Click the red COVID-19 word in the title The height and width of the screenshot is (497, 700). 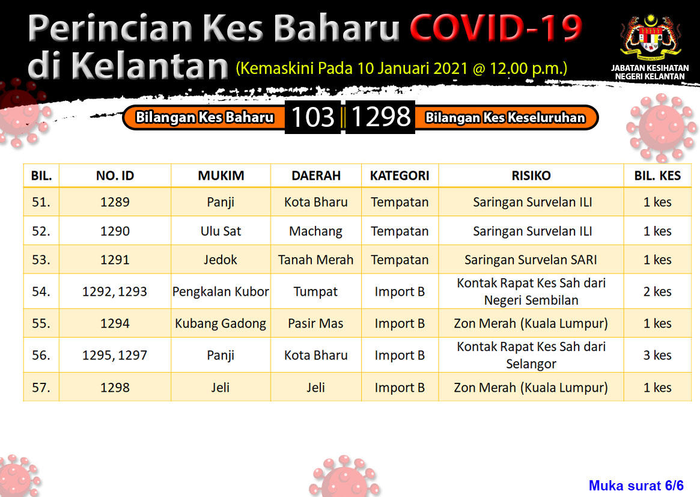[496, 28]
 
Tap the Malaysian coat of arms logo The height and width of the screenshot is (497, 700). [650, 38]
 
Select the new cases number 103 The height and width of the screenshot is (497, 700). [312, 117]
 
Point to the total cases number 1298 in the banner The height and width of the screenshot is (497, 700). [380, 117]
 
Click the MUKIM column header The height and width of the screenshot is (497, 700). [221, 175]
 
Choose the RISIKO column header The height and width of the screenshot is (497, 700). [531, 175]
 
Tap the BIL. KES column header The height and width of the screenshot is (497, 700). [657, 175]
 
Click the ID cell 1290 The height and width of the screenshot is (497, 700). [115, 231]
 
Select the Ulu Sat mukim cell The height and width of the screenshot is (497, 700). [221, 231]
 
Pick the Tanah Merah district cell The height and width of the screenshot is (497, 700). [315, 260]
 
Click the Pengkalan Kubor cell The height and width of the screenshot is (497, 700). [221, 291]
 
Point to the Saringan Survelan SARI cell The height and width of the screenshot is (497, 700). [531, 260]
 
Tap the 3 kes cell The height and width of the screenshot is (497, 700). [657, 355]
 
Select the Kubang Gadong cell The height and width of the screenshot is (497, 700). [221, 323]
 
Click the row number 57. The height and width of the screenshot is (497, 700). [41, 387]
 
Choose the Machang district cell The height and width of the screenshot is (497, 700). [315, 231]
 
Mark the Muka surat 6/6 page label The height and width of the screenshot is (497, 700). [636, 486]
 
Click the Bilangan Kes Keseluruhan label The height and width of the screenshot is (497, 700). [505, 117]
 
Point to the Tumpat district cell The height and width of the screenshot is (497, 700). [315, 291]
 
